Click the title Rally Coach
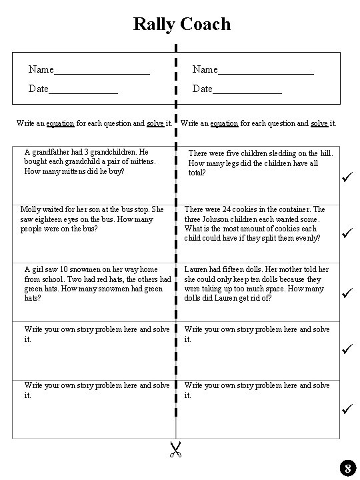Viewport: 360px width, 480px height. (x=181, y=24)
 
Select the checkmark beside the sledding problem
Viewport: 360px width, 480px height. (x=346, y=177)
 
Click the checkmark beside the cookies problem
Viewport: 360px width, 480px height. (x=346, y=233)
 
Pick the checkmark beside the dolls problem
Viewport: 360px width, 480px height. (x=346, y=291)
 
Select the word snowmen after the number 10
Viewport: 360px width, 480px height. (x=97, y=269)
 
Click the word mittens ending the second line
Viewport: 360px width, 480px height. (x=141, y=161)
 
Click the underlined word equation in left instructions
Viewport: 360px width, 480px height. (x=59, y=123)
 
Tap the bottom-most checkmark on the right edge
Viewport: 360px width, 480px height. (x=346, y=407)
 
